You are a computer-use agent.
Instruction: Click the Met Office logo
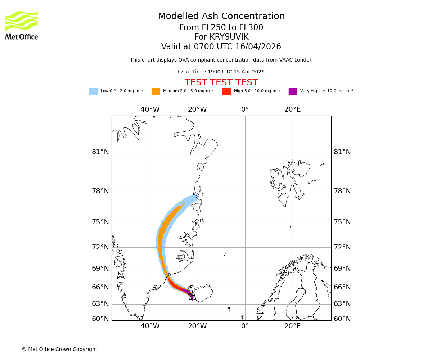(22, 25)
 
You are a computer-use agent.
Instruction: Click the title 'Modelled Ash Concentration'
(221, 17)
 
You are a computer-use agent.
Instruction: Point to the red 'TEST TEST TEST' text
(221, 82)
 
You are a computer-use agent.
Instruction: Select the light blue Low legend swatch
(93, 91)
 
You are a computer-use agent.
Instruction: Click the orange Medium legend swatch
(156, 91)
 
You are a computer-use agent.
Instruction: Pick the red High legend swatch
(226, 91)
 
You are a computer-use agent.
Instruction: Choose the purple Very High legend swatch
(293, 91)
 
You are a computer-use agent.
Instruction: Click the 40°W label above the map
(150, 109)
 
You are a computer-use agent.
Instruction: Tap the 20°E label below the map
(292, 326)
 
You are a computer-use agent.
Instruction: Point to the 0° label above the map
(245, 109)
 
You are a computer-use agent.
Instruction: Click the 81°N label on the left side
(100, 152)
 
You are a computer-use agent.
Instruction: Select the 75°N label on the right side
(342, 222)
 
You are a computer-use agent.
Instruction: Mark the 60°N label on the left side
(100, 319)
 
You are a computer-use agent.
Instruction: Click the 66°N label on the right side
(342, 287)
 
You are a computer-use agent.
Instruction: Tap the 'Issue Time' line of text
(221, 72)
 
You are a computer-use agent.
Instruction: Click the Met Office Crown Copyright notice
(59, 349)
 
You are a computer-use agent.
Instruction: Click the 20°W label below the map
(197, 326)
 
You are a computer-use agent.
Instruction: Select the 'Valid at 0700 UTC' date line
(221, 47)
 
